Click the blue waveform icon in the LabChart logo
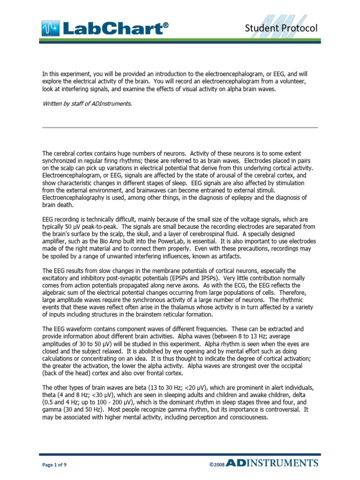tap(50, 29)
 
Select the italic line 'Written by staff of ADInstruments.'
tap(87, 103)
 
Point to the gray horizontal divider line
tap(180, 127)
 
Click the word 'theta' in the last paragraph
tap(50, 396)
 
